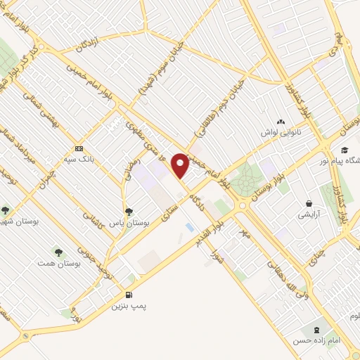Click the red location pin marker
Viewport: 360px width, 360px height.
tap(181, 165)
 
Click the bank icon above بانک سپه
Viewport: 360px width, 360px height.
tap(79, 149)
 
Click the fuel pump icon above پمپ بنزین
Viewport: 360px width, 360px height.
tap(129, 295)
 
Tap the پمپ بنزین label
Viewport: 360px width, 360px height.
tap(129, 307)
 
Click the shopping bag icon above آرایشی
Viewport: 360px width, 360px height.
tap(308, 202)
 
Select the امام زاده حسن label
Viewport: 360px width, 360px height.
tap(318, 340)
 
